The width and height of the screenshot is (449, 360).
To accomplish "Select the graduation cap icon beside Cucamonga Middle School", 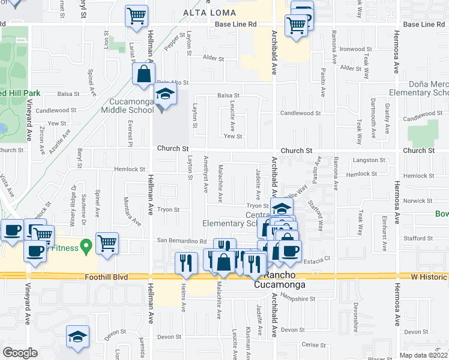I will pyautogui.click(x=164, y=95).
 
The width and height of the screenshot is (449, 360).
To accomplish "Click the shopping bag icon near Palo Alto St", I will pyautogui.click(x=144, y=75).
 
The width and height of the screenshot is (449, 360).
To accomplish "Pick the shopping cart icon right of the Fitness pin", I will pyautogui.click(x=107, y=244).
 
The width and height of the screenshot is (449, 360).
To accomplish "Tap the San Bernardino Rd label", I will pyautogui.click(x=182, y=241).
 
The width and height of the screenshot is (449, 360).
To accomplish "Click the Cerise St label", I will pyautogui.click(x=313, y=344).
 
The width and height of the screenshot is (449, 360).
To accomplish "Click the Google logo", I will pyautogui.click(x=20, y=352).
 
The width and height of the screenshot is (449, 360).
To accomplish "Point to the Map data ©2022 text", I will pyautogui.click(x=423, y=355).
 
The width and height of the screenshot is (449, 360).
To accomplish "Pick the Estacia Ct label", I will pyautogui.click(x=319, y=259).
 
